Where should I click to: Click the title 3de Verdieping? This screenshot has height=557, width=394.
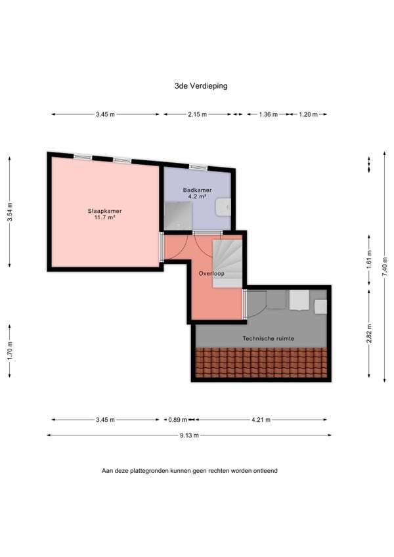[x=201, y=85]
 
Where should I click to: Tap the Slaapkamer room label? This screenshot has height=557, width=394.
[x=105, y=211]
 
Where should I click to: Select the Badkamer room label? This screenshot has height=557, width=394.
[x=197, y=190]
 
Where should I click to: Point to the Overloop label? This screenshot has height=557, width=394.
[x=211, y=273]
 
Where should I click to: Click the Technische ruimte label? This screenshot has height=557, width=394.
[x=268, y=338]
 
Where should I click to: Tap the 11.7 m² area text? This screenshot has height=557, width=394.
[x=105, y=217]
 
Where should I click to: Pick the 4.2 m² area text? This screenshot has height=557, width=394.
[x=198, y=196]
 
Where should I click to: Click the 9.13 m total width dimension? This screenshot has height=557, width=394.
[x=189, y=435]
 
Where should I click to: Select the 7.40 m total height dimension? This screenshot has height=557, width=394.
[x=385, y=267]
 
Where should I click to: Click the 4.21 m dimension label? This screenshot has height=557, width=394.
[x=261, y=420]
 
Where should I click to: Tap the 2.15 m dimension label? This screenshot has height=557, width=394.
[x=197, y=114]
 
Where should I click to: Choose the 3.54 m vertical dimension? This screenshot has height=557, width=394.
[x=10, y=212]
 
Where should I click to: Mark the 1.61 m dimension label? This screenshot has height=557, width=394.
[x=370, y=259]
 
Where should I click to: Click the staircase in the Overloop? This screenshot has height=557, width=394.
[x=227, y=263]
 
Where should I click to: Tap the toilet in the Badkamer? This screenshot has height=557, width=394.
[x=223, y=207]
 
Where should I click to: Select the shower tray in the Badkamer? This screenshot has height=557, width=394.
[x=178, y=215]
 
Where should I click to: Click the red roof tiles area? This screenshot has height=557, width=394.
[x=261, y=363]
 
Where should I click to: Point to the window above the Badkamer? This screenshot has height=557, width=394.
[x=198, y=166]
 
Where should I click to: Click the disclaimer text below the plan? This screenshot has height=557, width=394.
[x=189, y=471]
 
